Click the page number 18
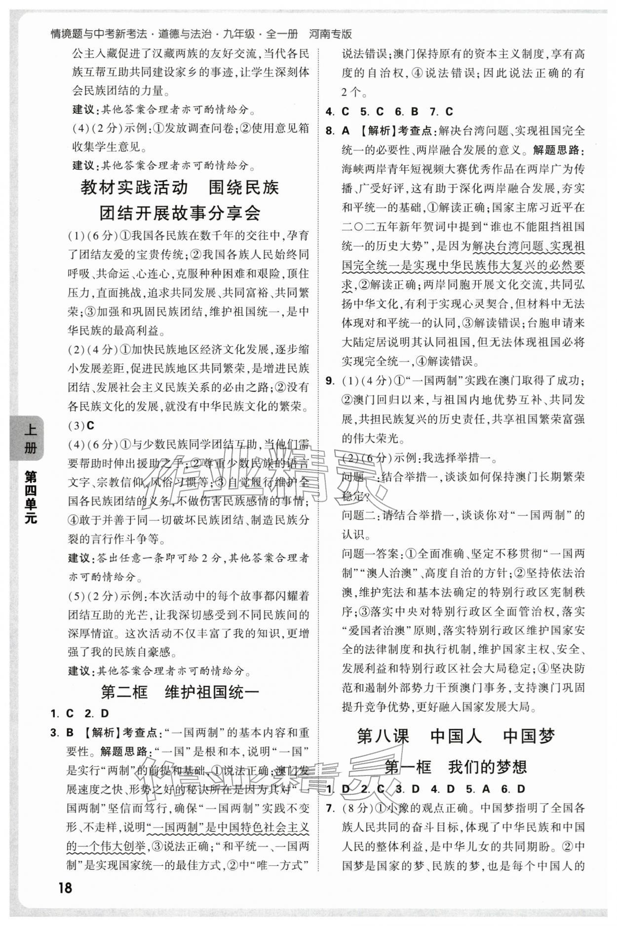pos(65,888)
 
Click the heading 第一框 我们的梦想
pos(456,767)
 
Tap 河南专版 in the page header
pos(330,34)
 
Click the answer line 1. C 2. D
pos(80,713)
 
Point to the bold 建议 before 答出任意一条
pos(79,558)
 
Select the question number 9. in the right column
pos(331,381)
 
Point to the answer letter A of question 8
pos(346,131)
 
